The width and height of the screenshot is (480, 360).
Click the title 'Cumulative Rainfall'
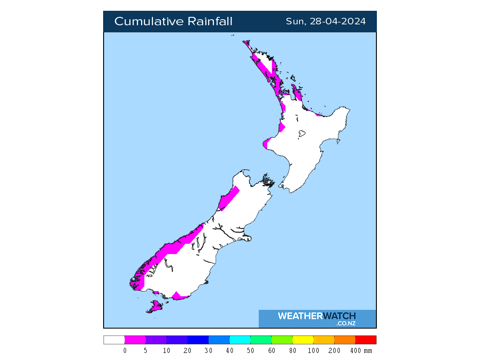(x=173, y=22)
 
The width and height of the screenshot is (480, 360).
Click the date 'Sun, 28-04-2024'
(x=326, y=22)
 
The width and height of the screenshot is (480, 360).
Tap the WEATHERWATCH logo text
(x=316, y=316)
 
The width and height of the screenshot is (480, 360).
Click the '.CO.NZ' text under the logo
(x=345, y=323)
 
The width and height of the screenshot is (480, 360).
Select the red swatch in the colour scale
(x=366, y=340)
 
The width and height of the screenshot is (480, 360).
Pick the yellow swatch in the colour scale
(x=302, y=340)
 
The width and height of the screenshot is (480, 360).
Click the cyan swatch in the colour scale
(x=240, y=340)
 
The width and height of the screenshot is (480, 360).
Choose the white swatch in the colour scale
(x=114, y=340)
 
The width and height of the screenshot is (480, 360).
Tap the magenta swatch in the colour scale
(x=135, y=340)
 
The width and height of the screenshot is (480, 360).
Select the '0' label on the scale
(x=125, y=351)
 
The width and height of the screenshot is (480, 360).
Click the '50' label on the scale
(x=250, y=351)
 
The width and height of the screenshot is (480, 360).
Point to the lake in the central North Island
(x=301, y=134)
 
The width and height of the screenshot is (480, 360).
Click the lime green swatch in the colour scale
(x=281, y=340)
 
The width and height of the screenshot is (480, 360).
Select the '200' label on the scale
(x=334, y=351)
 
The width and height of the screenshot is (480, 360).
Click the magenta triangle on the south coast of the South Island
(x=177, y=296)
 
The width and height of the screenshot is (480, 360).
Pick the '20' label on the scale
(x=187, y=351)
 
